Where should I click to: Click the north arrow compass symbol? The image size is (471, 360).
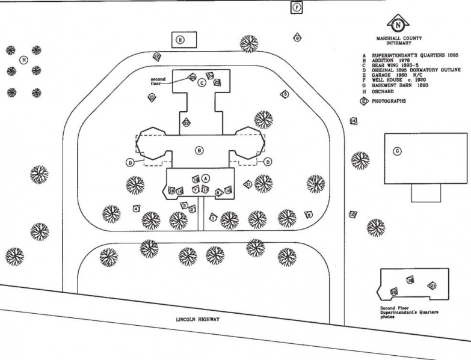(x=398, y=25)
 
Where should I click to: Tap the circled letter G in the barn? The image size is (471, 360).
(x=397, y=151)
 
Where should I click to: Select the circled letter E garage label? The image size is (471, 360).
(x=179, y=40)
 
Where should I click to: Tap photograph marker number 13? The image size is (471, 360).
(x=152, y=97)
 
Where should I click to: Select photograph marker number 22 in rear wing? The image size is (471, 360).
(x=186, y=123)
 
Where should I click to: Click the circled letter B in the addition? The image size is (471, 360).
(x=199, y=150)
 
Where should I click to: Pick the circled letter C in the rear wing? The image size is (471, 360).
(x=202, y=83)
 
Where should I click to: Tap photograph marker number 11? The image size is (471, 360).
(x=247, y=185)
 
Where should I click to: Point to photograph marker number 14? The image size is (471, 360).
(x=353, y=121)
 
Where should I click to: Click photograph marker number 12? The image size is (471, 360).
(x=157, y=56)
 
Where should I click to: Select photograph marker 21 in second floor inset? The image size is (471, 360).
(x=431, y=285)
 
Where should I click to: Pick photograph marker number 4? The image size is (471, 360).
(x=137, y=209)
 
